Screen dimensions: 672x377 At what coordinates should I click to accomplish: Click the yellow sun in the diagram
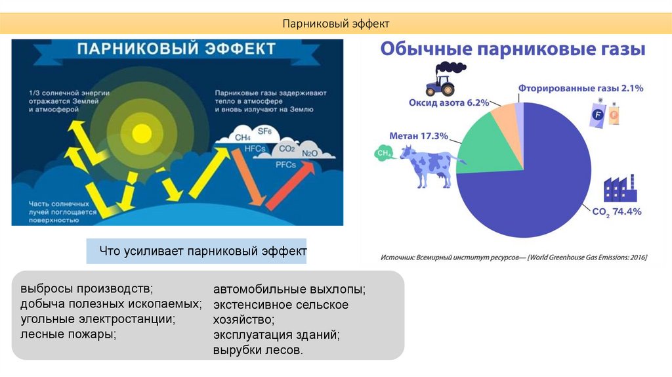click(142, 134)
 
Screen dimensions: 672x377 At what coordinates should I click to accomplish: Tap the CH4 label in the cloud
click(243, 137)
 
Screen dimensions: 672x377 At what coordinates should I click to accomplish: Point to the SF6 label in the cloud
click(264, 131)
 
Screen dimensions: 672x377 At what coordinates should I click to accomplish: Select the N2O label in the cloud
click(310, 154)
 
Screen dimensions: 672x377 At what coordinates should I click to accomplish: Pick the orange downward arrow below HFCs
click(249, 177)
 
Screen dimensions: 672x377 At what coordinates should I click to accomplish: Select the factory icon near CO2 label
click(619, 188)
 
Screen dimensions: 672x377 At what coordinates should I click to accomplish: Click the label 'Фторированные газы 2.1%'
click(581, 89)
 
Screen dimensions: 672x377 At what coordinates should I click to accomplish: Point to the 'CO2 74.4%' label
click(617, 212)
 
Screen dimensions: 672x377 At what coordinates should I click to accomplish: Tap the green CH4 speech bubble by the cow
click(384, 152)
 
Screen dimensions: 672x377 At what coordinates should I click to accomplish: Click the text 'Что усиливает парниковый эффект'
click(203, 250)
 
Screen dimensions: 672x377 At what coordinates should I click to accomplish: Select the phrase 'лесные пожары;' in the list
click(68, 334)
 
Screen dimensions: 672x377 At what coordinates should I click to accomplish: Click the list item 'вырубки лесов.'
click(258, 349)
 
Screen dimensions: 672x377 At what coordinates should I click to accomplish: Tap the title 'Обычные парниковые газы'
click(513, 49)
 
